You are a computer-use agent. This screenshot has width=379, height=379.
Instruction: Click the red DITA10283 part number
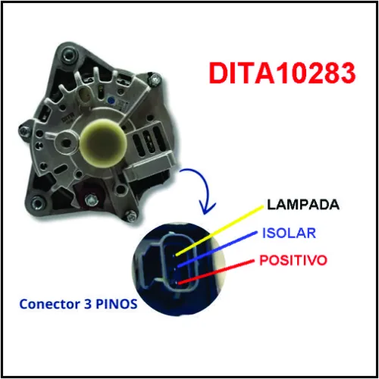(x=282, y=74)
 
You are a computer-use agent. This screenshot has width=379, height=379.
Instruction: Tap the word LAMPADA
(x=303, y=205)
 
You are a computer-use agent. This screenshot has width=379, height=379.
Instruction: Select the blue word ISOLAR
(x=289, y=233)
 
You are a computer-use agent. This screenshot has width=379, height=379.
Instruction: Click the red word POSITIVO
(x=293, y=260)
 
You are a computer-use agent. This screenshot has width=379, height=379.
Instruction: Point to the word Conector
(x=49, y=304)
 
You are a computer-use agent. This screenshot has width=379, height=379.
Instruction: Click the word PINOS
(x=117, y=304)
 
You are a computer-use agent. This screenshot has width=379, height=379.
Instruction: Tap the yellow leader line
(x=219, y=230)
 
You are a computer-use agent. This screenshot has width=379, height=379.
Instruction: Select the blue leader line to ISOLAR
(x=217, y=249)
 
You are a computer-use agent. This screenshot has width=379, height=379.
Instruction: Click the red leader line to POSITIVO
(x=216, y=272)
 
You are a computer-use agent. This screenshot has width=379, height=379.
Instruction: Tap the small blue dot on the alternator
(x=111, y=101)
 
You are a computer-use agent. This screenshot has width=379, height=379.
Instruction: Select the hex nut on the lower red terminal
(x=91, y=200)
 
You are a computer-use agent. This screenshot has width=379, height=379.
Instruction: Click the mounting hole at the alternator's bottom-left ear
(x=37, y=202)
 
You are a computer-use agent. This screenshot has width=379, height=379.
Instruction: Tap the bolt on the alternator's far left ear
(x=24, y=131)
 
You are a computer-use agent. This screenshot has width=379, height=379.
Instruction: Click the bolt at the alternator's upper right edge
(x=155, y=80)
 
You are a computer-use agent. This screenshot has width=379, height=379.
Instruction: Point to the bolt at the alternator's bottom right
(x=130, y=217)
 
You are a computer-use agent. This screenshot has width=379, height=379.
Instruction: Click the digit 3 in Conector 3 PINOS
(x=88, y=304)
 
